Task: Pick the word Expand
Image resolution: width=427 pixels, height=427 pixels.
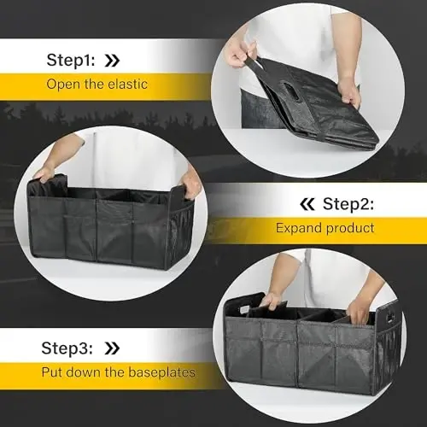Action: [295, 229]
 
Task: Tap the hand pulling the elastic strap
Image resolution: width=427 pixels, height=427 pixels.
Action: [238, 56]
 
